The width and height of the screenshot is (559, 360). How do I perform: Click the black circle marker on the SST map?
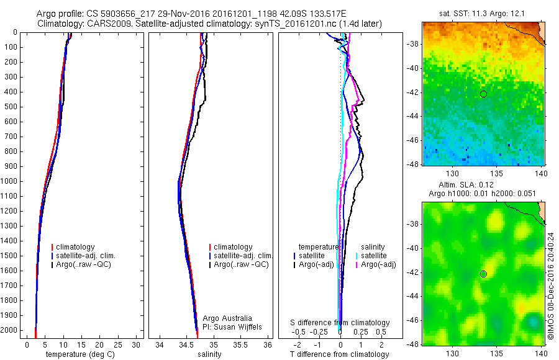483,94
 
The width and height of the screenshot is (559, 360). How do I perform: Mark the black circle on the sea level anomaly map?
483,274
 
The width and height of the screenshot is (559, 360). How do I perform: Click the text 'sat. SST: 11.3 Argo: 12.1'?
483,14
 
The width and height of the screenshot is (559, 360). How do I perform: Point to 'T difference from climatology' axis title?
340,354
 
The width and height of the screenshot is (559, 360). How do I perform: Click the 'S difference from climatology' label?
340,323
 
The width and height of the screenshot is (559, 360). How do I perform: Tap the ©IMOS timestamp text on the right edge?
550,286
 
